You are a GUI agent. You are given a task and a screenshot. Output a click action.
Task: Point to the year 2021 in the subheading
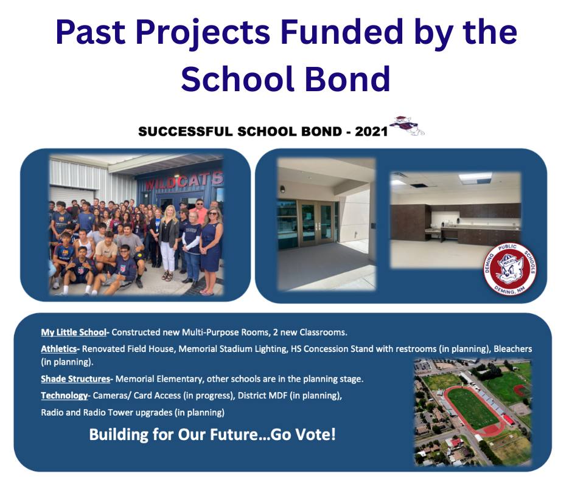click(371, 131)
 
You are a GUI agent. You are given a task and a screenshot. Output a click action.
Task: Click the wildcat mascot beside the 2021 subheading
click(406, 126)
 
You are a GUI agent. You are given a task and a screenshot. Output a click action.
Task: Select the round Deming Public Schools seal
click(510, 269)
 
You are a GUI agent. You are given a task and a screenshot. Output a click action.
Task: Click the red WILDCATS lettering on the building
click(184, 181)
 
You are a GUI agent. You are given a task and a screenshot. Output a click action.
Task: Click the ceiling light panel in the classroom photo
click(475, 177)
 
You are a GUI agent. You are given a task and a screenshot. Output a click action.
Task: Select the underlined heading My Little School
click(73, 333)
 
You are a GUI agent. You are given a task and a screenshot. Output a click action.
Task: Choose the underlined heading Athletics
click(59, 349)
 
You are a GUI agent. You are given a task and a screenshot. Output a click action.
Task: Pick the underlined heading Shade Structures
click(75, 379)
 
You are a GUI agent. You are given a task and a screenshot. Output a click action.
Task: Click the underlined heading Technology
click(65, 396)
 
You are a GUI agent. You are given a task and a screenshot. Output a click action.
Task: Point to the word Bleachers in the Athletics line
click(512, 349)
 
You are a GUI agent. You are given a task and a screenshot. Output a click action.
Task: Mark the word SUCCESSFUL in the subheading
click(186, 131)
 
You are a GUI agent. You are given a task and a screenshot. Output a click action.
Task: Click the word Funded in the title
click(341, 32)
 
